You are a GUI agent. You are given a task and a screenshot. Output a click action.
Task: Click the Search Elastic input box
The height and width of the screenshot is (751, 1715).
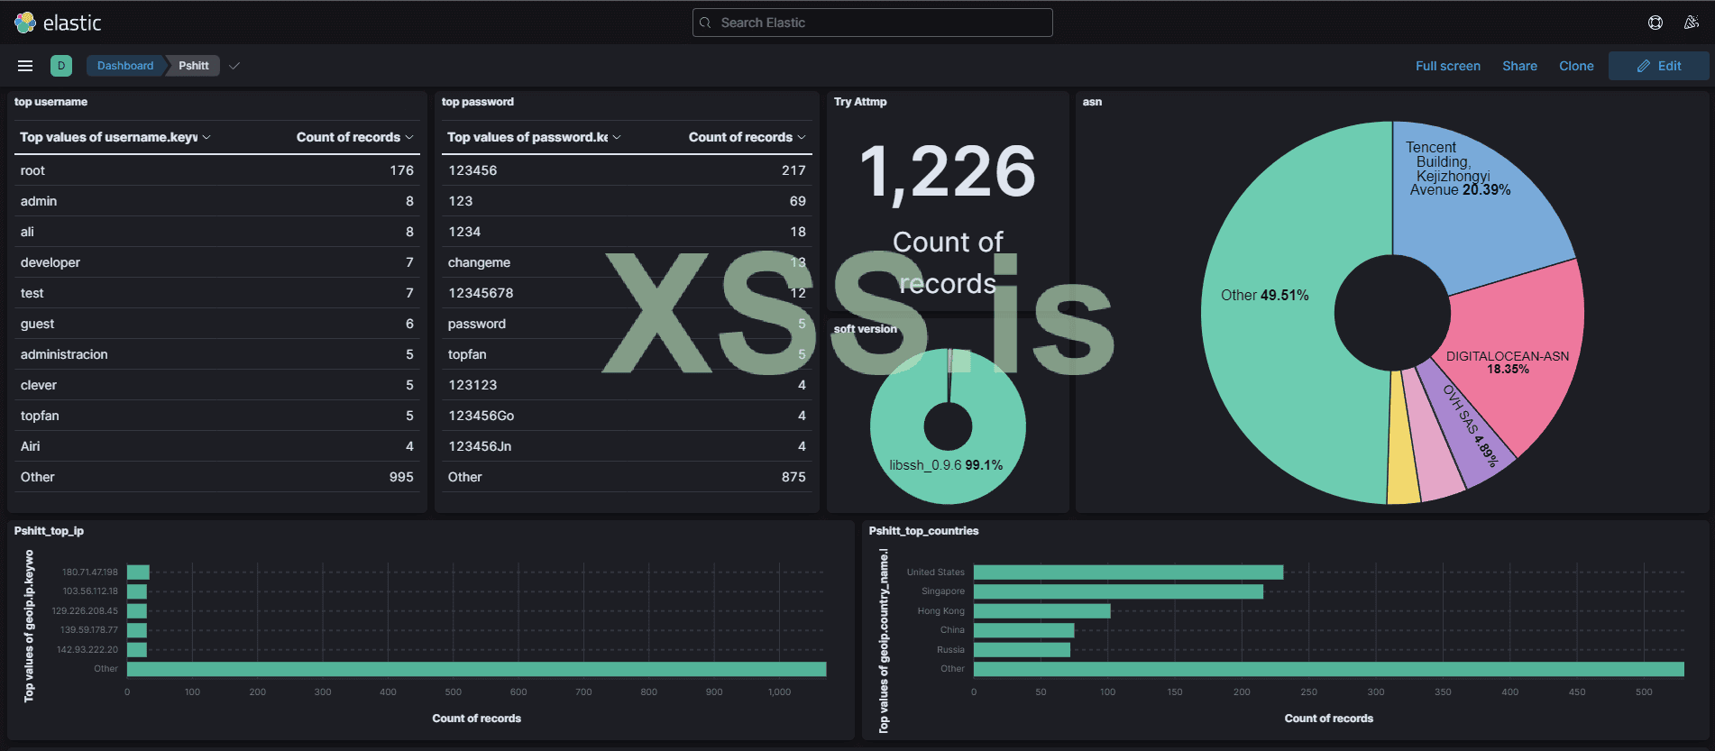point(872,23)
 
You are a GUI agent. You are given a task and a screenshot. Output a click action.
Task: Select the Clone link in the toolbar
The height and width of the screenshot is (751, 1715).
point(1576,66)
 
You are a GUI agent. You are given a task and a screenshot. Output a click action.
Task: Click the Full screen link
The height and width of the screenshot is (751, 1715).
point(1447,66)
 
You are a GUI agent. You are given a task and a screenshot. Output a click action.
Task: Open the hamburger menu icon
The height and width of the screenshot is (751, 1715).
point(25,66)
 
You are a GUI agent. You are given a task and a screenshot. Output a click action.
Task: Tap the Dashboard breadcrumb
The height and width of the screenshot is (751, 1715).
point(125,66)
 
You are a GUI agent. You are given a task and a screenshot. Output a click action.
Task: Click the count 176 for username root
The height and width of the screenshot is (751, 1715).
point(401,170)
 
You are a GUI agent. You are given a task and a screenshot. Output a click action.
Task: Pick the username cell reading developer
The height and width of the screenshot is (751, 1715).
point(50,262)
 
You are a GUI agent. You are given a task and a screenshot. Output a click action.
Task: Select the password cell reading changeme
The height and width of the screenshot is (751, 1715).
point(479,262)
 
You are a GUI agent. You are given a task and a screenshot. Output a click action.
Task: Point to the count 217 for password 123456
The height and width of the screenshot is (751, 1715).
point(793,170)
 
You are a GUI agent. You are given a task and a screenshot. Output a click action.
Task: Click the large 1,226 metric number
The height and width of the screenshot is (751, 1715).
point(947,171)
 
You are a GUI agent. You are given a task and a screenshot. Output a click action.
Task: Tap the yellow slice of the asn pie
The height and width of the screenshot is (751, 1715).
point(1402,451)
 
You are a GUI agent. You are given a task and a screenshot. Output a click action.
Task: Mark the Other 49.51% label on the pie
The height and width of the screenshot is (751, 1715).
point(1264,296)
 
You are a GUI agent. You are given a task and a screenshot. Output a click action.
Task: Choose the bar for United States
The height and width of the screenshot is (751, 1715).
point(1127,572)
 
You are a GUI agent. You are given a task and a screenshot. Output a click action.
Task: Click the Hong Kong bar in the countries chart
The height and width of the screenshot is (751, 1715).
point(1041,611)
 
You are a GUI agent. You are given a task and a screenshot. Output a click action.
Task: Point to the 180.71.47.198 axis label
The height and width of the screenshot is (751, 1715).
point(89,572)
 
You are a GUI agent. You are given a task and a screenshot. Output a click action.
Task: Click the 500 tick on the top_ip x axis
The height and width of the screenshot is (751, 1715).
point(453,692)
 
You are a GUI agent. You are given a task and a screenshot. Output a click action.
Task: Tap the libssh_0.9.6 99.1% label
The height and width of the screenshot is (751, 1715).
point(945,465)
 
